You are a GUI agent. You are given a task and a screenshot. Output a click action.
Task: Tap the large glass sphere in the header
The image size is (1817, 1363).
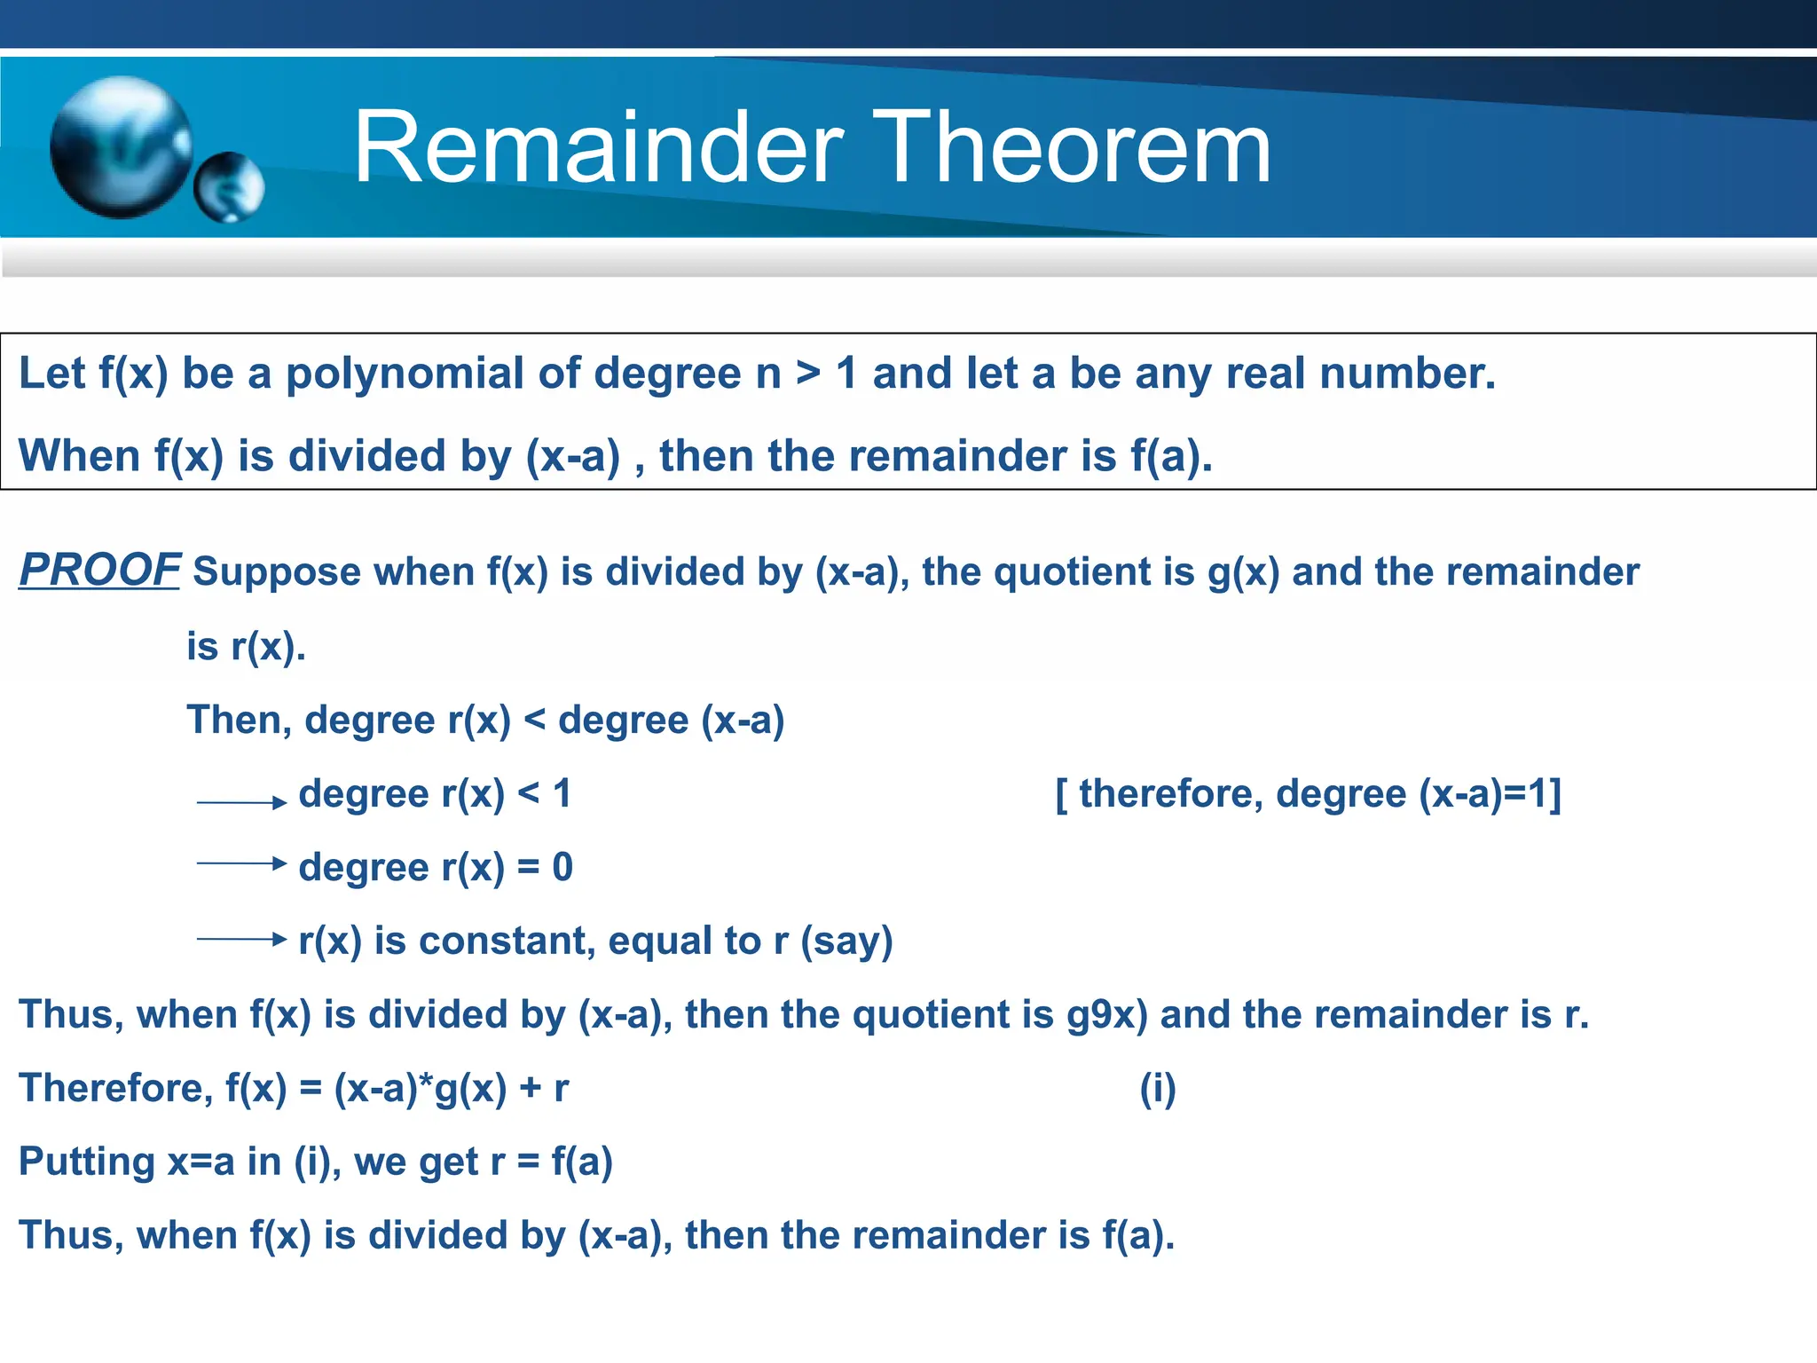(121, 147)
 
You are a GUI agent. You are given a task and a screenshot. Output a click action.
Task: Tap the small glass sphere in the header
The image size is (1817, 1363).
(229, 187)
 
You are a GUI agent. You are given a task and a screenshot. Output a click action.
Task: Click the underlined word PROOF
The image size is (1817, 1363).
(99, 570)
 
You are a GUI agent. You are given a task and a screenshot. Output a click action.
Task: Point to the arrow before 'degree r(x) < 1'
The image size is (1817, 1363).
(241, 802)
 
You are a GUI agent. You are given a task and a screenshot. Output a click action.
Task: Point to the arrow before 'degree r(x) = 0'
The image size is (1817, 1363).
(241, 863)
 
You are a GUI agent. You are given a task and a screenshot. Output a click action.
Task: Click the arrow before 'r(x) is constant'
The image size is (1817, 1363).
(241, 938)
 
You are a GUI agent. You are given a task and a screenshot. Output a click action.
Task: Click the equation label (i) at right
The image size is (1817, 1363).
(1158, 1089)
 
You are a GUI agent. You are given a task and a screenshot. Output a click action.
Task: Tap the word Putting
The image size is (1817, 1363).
(87, 1162)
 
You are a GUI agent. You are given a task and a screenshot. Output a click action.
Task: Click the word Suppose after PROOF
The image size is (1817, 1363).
(277, 571)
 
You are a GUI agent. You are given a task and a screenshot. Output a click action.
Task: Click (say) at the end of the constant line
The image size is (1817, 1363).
(846, 941)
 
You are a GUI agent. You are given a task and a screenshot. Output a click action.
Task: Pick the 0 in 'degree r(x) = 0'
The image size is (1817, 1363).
(562, 867)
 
